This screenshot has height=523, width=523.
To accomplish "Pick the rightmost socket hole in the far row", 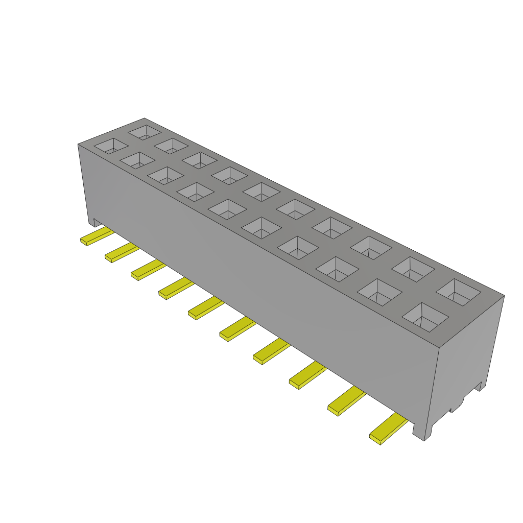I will pos(458,292).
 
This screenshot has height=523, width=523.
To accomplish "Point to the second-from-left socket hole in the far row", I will pos(171,146).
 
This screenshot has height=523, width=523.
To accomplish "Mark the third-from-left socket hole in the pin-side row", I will pos(165,176).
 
